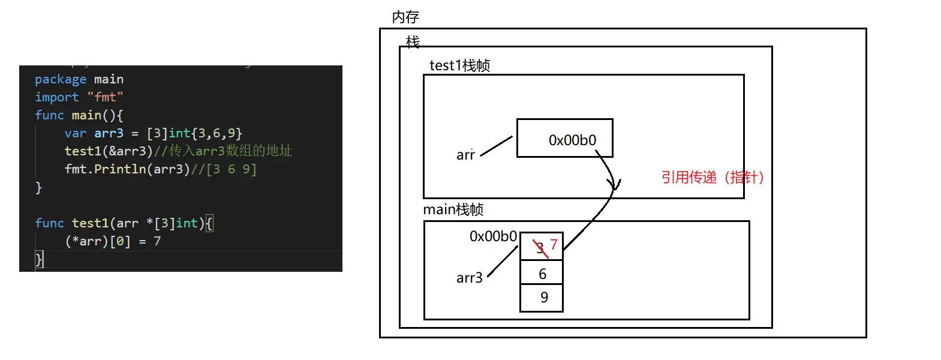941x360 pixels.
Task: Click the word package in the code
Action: [61, 79]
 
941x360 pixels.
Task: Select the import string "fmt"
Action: [105, 97]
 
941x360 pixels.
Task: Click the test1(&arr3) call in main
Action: [109, 151]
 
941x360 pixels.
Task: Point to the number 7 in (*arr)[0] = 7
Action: [157, 241]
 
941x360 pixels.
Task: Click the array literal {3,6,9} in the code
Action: [217, 133]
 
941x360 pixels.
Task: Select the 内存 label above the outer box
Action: [405, 17]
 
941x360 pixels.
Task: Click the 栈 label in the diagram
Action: [413, 42]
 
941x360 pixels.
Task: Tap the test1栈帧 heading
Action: [459, 65]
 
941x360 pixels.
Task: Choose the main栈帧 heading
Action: [453, 209]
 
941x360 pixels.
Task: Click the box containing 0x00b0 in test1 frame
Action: [564, 139]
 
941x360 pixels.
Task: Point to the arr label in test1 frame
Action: [465, 155]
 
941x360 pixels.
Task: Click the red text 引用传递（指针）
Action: [712, 178]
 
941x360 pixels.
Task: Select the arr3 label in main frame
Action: [469, 278]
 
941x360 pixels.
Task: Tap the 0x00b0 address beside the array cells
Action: [493, 236]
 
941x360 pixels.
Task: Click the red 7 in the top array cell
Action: [554, 244]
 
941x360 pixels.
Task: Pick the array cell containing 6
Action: [542, 274]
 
